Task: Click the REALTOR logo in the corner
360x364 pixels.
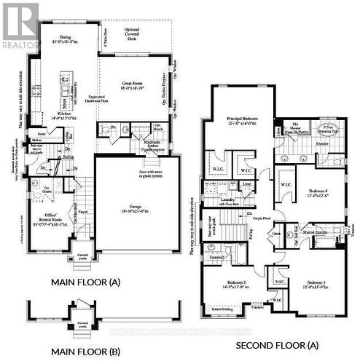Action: click(20, 25)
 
